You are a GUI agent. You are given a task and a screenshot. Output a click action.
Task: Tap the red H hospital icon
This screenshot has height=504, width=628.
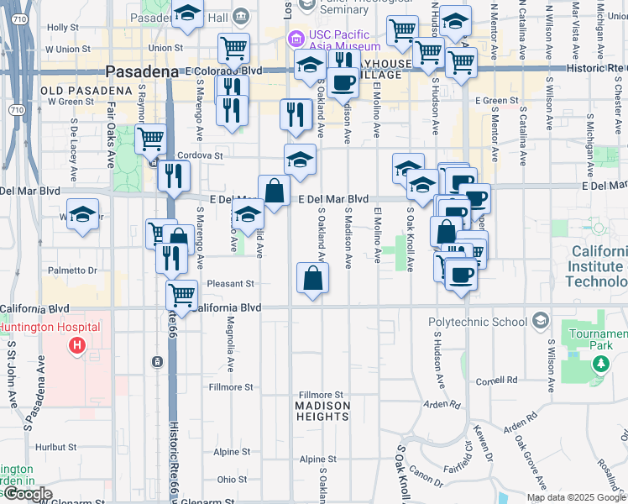tap(77, 345)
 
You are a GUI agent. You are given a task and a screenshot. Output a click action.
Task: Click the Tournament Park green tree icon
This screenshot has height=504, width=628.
tap(600, 364)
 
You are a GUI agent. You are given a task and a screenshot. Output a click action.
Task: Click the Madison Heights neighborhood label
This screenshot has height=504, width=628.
tap(322, 407)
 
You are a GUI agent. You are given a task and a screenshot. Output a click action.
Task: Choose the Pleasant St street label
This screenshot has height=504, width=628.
tap(230, 284)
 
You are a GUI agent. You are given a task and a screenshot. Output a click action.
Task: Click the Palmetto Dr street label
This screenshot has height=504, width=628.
tap(73, 270)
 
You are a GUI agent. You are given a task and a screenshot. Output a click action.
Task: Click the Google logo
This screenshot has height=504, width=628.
tap(28, 494)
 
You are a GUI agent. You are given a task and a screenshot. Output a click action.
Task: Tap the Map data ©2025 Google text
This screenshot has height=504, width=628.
tap(576, 497)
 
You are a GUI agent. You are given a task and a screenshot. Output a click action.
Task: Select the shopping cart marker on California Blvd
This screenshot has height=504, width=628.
tap(181, 294)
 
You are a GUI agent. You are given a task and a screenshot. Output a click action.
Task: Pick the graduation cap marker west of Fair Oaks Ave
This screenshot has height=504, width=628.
tap(82, 213)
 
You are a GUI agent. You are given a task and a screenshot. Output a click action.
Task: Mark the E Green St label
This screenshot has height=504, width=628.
tap(496, 101)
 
